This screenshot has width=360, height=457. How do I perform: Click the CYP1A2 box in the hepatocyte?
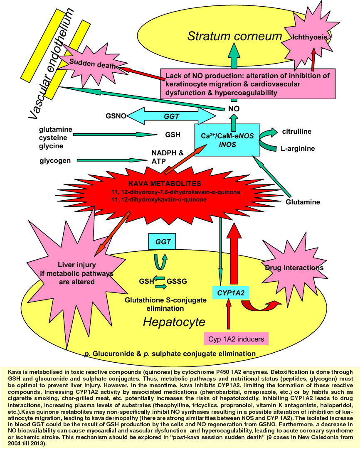coord(231,293)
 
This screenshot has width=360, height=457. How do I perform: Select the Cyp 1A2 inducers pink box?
coord(236,339)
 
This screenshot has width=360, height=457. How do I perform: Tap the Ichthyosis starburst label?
coord(310,37)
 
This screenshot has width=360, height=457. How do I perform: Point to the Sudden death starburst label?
coord(92,64)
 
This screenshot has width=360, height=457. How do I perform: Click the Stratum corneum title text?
coord(234,36)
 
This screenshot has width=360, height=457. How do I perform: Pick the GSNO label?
coord(116,116)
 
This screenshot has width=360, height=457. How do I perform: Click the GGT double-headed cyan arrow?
coord(171,116)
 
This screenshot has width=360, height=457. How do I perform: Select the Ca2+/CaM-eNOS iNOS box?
coord(227,140)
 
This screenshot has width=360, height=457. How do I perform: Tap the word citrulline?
coord(297,131)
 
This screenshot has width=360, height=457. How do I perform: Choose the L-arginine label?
coord(298,149)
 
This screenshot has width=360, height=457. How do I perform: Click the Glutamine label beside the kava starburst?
coord(303,202)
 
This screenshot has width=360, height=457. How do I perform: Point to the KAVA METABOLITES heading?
coord(165,184)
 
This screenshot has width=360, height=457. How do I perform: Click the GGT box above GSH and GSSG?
coord(162,242)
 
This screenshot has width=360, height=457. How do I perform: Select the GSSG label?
coord(177,281)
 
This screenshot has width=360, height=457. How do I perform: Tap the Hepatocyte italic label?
coord(174,322)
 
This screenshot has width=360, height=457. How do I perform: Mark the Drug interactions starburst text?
coord(294,268)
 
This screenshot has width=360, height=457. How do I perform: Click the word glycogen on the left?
coord(55,161)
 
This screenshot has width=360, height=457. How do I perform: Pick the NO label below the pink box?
coord(234,109)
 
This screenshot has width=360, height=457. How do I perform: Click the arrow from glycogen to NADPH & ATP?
coord(112,160)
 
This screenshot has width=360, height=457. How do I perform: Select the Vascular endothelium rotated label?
coord(52,64)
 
